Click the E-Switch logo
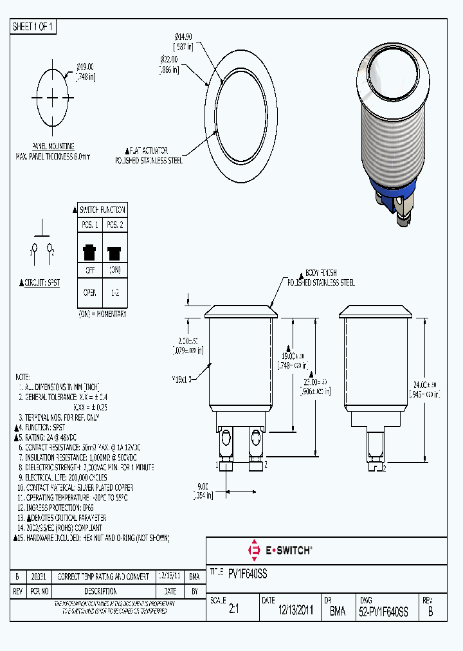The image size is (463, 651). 280,551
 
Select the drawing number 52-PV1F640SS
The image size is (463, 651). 383,612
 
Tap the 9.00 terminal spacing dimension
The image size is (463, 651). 203,491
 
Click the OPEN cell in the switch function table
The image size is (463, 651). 89,293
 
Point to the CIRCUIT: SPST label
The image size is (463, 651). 40,282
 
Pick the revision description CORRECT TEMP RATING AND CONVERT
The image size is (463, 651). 104,576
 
